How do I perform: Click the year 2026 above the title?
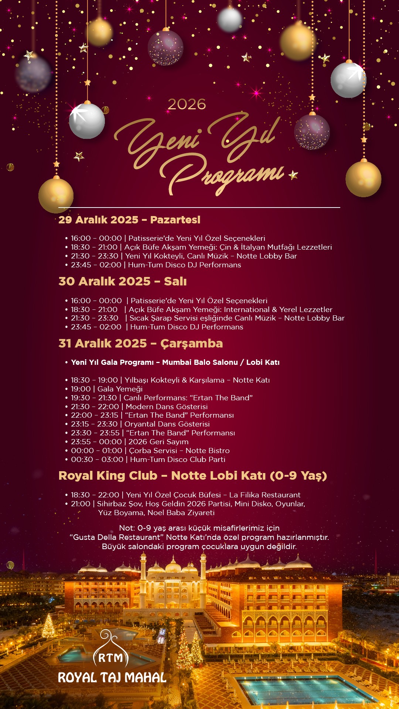coord(187,105)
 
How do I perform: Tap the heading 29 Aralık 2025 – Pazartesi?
coord(129,220)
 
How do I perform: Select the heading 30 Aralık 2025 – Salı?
coord(122,281)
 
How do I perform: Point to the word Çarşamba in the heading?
coord(191,343)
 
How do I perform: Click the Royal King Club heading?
coord(192,476)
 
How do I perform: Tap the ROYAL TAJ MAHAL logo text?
coord(112,678)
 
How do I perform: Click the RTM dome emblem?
coord(110,652)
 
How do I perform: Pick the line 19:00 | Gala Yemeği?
coord(107,389)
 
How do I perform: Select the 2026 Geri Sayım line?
coord(130,442)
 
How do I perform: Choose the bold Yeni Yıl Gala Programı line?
coord(175,362)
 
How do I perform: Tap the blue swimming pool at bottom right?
coord(307,690)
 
